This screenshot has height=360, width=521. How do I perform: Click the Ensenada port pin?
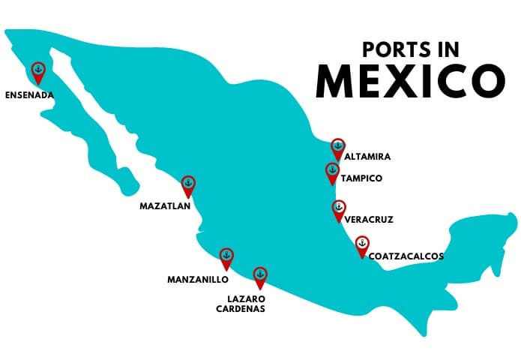click(37, 72)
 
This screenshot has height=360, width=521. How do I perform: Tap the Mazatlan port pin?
click(188, 184)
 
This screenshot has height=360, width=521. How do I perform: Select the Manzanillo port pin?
click(226, 257)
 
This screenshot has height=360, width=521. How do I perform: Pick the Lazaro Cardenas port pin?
click(260, 276)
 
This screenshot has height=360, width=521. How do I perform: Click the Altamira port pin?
click(338, 147)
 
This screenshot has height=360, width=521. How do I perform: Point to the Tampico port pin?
click(332, 172)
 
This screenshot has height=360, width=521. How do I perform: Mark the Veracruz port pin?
click(339, 209)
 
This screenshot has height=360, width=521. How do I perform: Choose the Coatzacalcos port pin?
click(362, 245)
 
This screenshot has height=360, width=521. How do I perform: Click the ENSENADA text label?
click(30, 96)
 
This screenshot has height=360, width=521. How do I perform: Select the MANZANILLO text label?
click(197, 280)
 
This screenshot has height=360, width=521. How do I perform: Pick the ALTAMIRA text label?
click(367, 157)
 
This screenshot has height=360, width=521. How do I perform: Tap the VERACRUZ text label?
click(369, 220)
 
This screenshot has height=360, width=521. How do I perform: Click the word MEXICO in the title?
click(409, 81)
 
